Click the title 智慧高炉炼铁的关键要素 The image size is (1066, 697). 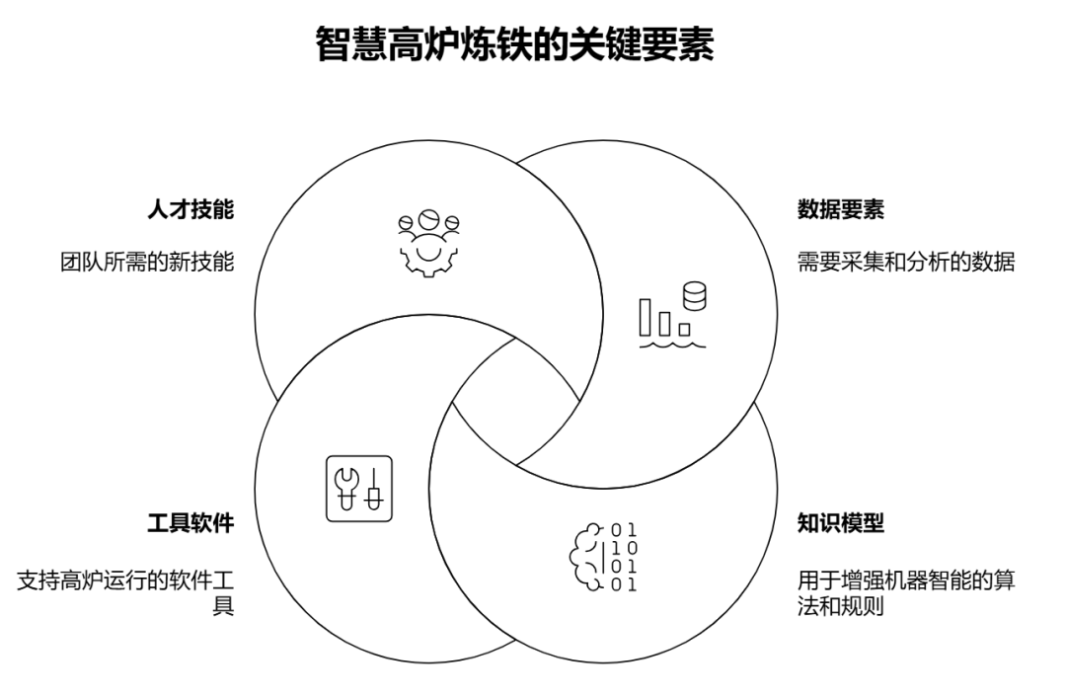(514, 44)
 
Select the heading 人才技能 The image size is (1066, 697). (190, 210)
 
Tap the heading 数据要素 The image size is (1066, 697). (840, 210)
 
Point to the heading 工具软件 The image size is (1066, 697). (190, 523)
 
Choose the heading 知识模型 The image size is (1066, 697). (840, 523)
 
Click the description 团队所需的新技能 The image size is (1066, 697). (147, 263)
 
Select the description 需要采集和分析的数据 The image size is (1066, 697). (905, 263)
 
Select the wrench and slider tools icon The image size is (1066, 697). (359, 488)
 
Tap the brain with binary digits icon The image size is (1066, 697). (603, 556)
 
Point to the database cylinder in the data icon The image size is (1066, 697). (695, 295)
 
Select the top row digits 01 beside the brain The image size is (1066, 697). (624, 529)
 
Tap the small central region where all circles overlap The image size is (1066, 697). (516, 400)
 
